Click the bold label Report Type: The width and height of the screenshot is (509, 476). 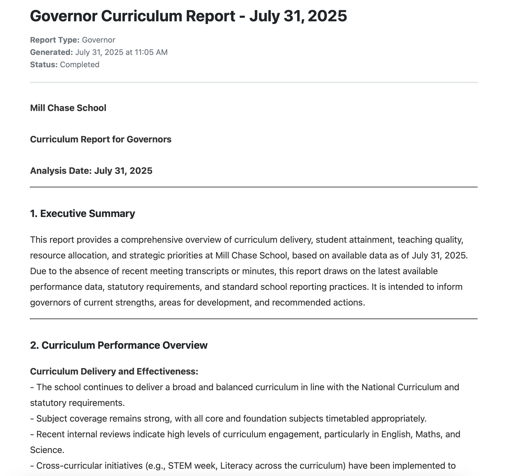click(55, 40)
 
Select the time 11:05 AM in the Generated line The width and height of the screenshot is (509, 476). click(151, 52)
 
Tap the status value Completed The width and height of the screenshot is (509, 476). click(80, 65)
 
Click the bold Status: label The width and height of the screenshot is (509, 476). click(44, 65)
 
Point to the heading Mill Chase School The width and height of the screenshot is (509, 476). click(68, 108)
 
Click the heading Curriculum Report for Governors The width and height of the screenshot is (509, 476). click(101, 139)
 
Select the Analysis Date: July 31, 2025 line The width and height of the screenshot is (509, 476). click(91, 171)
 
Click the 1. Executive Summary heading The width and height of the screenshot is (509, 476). click(82, 214)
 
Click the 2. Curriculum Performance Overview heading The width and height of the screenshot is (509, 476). click(119, 345)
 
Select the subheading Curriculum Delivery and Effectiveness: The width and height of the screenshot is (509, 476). click(114, 371)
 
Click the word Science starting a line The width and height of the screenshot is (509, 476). click(47, 450)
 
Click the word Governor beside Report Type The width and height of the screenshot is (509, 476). click(98, 40)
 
